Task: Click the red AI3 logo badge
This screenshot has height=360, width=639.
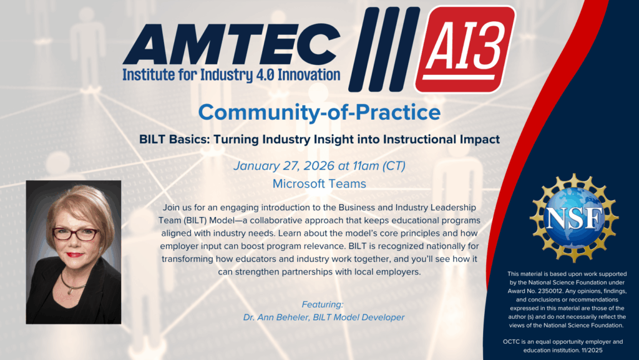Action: (465, 49)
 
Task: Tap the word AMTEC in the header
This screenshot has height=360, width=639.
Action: (232, 44)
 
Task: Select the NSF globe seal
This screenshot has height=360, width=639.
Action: (574, 218)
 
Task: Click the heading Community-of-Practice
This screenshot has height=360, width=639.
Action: (319, 112)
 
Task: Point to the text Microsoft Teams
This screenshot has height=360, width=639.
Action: (319, 183)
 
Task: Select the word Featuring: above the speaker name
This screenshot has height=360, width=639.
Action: (323, 304)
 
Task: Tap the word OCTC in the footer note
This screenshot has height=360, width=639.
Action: (512, 342)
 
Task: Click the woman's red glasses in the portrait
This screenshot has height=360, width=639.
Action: (76, 234)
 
